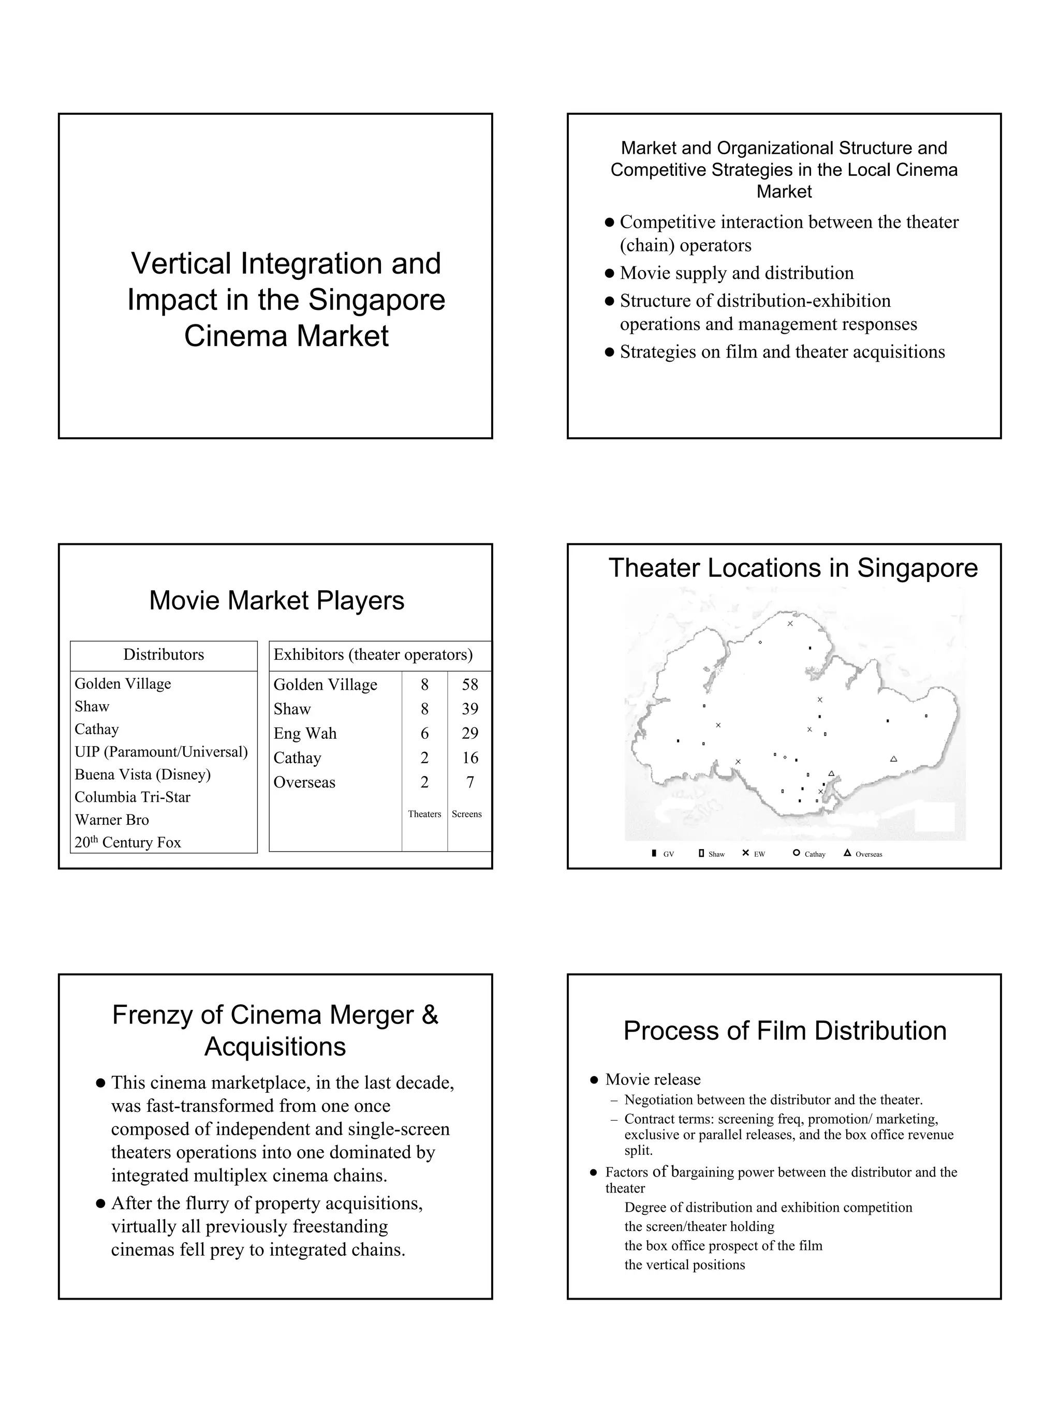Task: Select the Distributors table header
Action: [164, 655]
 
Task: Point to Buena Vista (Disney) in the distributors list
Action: [142, 775]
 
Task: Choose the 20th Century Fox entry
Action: [128, 842]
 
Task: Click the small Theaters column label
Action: [424, 814]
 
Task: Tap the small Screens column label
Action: [466, 814]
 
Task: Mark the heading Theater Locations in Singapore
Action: [792, 568]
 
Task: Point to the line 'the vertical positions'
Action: [684, 1265]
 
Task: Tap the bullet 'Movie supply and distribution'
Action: [736, 273]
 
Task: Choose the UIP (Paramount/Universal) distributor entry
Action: [161, 752]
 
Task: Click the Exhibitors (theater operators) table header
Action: [373, 655]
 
